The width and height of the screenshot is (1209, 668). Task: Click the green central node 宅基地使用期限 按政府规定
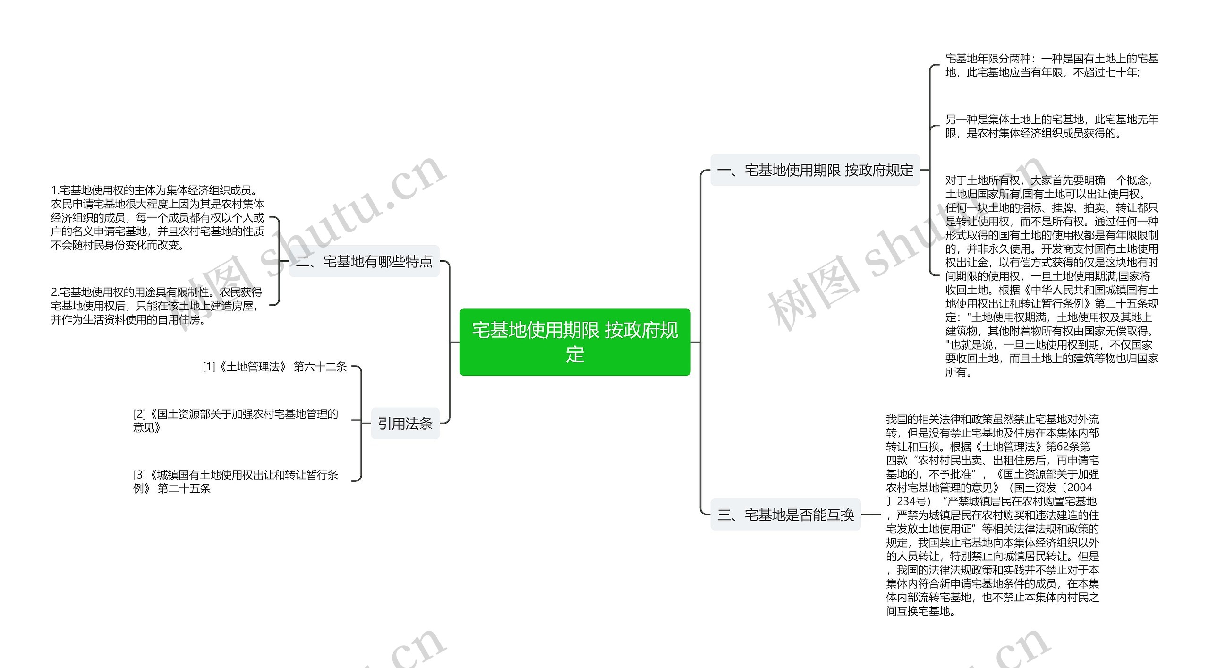[x=575, y=342]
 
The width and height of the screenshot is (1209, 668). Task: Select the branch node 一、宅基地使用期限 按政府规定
[x=815, y=170]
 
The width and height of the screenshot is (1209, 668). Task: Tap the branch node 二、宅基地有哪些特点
[x=364, y=261]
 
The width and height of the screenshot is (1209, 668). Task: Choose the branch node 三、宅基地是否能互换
[x=785, y=514]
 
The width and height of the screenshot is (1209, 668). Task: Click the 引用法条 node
[x=405, y=423]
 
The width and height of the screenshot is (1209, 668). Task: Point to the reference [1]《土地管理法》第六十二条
[x=274, y=367]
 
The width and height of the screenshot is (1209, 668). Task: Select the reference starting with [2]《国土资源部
[x=235, y=420]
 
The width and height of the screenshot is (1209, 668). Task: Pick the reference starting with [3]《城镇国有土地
[x=235, y=481]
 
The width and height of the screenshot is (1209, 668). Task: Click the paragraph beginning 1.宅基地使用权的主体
[x=157, y=218]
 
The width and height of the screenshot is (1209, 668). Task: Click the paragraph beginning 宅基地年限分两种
[x=1051, y=65]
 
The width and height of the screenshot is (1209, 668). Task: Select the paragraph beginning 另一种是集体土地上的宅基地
[x=1051, y=126]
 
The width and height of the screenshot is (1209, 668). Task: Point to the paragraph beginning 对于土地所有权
[x=1051, y=276]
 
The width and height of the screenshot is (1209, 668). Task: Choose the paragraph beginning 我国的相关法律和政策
[x=992, y=515]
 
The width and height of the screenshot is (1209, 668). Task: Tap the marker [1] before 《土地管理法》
[x=209, y=367]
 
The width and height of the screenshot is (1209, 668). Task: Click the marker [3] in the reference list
[x=139, y=475]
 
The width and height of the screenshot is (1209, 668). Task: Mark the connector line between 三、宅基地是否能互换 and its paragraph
[x=871, y=514]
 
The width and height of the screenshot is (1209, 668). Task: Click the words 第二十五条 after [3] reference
[x=184, y=488]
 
